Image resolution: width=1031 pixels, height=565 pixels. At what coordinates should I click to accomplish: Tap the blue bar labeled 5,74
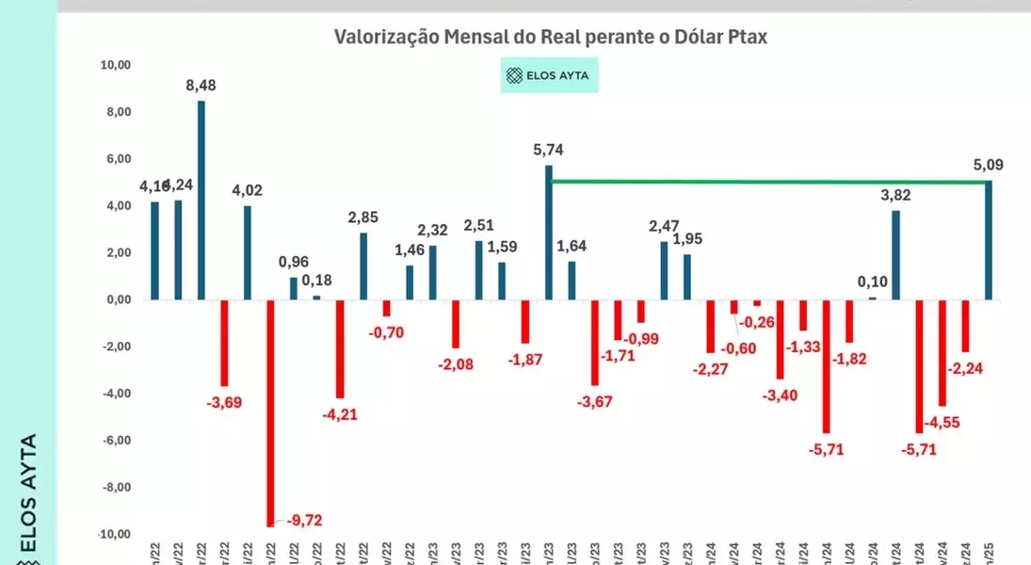point(549,233)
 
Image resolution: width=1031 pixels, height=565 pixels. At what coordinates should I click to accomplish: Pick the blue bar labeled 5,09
point(989,240)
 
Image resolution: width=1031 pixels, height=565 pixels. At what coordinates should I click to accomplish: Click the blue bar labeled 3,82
point(895,254)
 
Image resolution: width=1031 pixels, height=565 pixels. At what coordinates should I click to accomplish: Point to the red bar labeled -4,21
point(340,348)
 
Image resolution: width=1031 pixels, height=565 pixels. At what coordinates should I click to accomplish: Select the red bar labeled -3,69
point(224,343)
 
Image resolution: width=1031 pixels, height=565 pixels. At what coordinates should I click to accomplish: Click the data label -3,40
point(781,395)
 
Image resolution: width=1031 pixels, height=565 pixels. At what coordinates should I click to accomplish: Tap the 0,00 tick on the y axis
point(117,299)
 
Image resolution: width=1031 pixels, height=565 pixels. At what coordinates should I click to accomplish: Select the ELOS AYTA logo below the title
point(549,75)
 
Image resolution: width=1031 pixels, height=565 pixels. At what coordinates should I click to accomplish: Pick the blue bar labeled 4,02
point(248,252)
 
